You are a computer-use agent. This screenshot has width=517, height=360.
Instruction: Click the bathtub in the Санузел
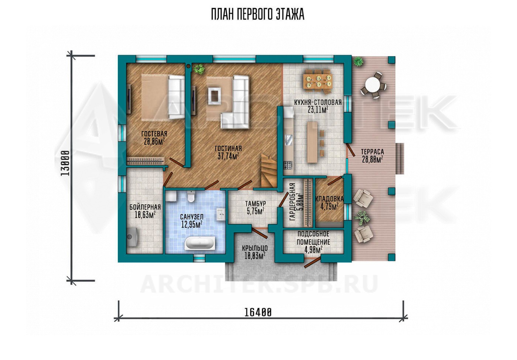[200, 243]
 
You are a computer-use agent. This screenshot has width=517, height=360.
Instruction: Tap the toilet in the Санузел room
[191, 196]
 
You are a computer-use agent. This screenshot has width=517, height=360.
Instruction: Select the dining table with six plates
[318, 82]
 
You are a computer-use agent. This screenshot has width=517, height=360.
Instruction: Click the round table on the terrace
[373, 85]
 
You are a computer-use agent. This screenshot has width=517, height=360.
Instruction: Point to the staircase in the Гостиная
[269, 171]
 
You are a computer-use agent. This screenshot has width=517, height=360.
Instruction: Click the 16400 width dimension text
[258, 313]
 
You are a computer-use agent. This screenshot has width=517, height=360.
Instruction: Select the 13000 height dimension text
[65, 163]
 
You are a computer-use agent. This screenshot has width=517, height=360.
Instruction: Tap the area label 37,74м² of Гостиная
[228, 156]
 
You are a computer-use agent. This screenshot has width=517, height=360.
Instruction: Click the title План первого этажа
[258, 14]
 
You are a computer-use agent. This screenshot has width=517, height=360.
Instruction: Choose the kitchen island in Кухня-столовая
[312, 143]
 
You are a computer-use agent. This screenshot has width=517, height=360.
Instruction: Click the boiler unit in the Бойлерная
[133, 237]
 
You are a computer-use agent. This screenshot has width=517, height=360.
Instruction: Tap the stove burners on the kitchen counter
[288, 165]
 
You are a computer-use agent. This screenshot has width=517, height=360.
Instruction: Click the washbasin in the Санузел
[221, 215]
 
